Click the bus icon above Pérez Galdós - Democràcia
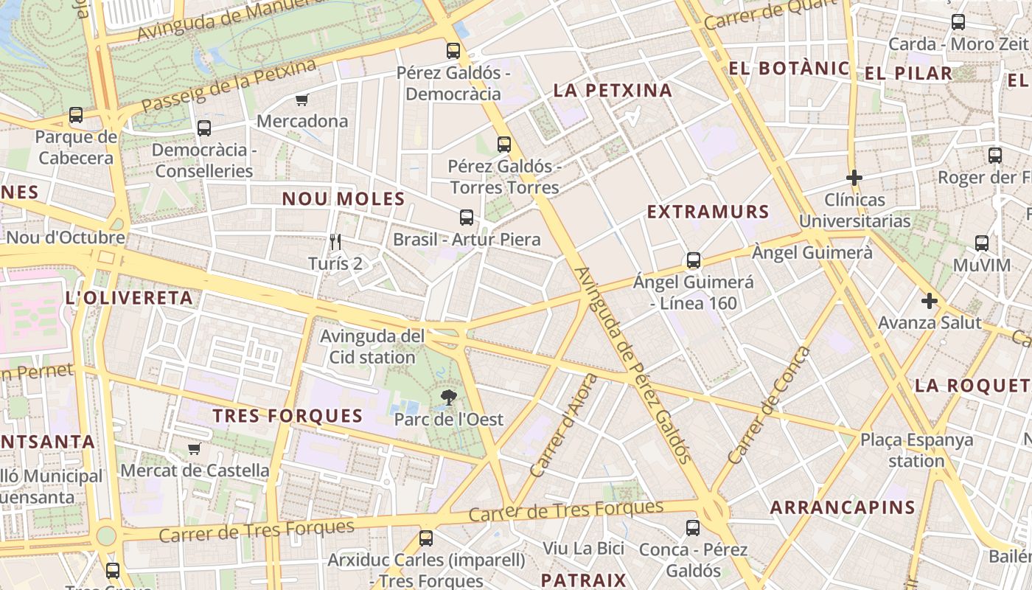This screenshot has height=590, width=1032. click(x=453, y=51)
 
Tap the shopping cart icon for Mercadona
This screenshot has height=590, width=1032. click(x=301, y=100)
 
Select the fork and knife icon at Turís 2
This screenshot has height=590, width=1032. click(x=335, y=241)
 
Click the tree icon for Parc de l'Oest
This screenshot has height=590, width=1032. click(x=448, y=398)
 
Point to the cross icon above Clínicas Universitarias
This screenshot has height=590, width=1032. click(x=854, y=178)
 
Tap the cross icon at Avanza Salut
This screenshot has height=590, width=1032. click(x=930, y=301)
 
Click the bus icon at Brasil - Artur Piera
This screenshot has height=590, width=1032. click(x=467, y=218)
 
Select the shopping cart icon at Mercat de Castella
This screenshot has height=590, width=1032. click(x=195, y=448)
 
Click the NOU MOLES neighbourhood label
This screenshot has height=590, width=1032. click(x=344, y=198)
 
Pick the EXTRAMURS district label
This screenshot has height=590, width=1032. click(x=708, y=212)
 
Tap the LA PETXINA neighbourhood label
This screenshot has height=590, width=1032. click(x=613, y=91)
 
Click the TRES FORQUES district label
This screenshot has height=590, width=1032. click(x=287, y=416)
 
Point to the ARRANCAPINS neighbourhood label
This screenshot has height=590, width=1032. click(x=843, y=507)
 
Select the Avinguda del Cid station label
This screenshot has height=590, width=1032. click(x=372, y=347)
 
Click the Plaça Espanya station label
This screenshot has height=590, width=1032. click(x=916, y=450)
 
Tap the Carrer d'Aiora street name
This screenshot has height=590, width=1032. click(x=564, y=426)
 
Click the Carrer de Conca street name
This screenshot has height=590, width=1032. click(x=768, y=406)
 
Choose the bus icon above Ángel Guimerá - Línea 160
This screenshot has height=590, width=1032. click(x=694, y=260)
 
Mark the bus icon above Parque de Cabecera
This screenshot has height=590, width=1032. click(x=76, y=115)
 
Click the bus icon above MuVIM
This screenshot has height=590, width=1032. click(x=982, y=243)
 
